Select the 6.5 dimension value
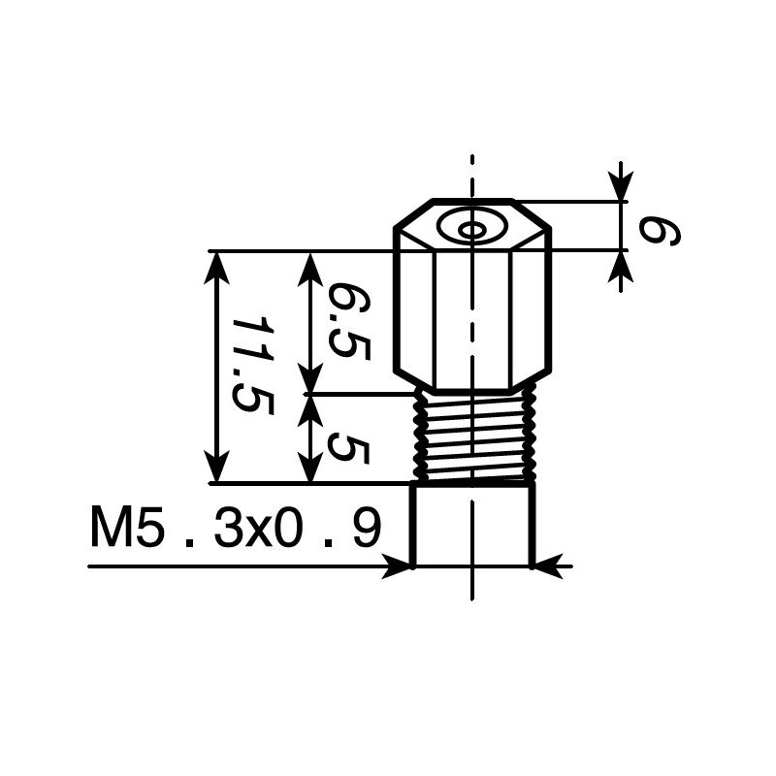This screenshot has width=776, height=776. tap(347, 321)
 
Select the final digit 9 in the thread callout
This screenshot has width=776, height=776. tap(366, 530)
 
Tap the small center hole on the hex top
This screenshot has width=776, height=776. tap(471, 230)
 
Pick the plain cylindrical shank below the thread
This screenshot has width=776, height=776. tap(472, 524)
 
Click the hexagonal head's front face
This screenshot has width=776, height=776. tap(472, 310)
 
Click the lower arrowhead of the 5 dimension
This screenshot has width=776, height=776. tap(310, 469)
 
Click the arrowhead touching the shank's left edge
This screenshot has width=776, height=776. tap(398, 566)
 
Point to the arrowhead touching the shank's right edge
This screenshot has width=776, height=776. tap(547, 566)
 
